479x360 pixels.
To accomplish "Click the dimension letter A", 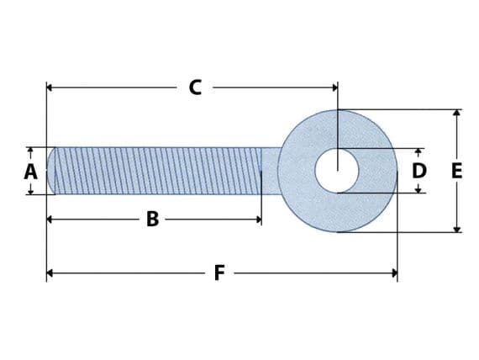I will coord(31,172).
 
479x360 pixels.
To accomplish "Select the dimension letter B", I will coord(152,219).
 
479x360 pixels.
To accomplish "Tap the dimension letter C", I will coord(195,87).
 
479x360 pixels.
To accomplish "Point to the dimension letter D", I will coord(418,172).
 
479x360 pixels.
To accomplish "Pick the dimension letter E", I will coord(456,172).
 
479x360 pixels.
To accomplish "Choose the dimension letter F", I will coord(218,273).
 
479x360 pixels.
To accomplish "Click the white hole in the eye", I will coord(337,171).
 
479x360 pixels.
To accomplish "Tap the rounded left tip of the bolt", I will coord(52,171).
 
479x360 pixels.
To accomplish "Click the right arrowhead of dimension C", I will coord(334,87).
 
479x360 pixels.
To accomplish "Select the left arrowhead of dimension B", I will coord(50,219).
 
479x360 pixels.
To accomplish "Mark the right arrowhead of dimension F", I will coord(393,273).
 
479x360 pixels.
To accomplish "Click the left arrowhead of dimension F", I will coord(50,273).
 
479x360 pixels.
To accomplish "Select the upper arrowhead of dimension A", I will coord(30,151).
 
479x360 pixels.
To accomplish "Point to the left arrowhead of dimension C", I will coord(50,87).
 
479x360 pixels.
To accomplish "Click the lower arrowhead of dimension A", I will coord(30,191).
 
